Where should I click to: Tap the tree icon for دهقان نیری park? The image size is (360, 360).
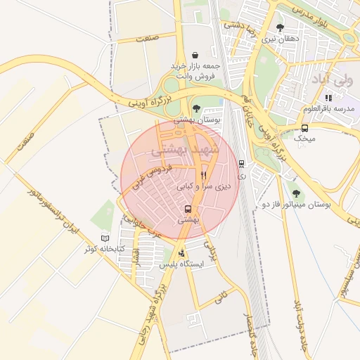pyautogui.click(x=281, y=27)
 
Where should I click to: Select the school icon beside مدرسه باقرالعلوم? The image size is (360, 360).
pyautogui.click(x=328, y=98)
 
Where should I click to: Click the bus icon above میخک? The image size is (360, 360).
pyautogui.click(x=304, y=128)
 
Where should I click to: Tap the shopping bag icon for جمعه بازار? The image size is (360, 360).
pyautogui.click(x=194, y=55)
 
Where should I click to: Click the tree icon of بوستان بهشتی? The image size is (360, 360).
pyautogui.click(x=196, y=108)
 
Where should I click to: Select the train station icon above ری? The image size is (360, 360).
pyautogui.click(x=242, y=164)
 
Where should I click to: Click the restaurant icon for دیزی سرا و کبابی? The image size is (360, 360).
pyautogui.click(x=203, y=175)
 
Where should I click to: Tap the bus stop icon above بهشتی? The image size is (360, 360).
pyautogui.click(x=188, y=209)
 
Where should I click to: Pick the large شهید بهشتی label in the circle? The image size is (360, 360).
pyautogui.click(x=186, y=150)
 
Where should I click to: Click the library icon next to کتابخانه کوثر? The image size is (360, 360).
pyautogui.click(x=105, y=238)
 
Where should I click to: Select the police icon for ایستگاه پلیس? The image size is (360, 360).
pyautogui.click(x=182, y=253)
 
